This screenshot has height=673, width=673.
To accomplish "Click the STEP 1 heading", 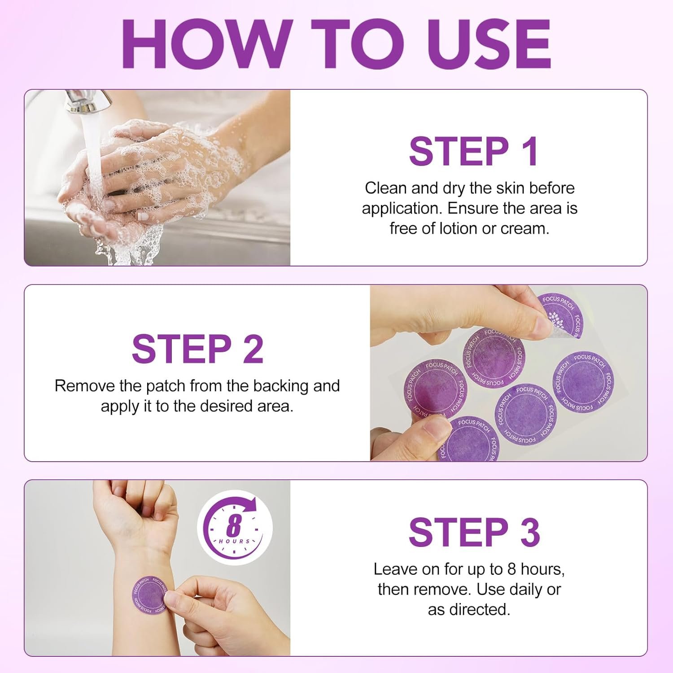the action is (x=474, y=151).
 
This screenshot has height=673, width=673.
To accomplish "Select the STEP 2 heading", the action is (x=197, y=349).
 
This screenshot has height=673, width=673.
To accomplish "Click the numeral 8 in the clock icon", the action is (x=234, y=525).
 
